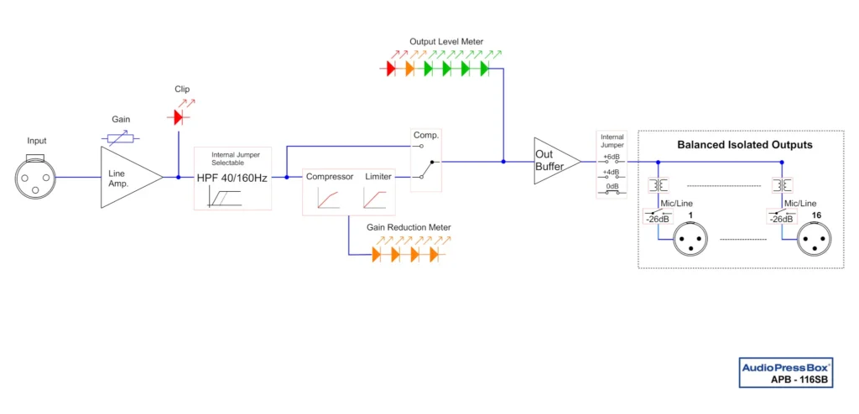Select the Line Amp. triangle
pyautogui.click(x=126, y=177)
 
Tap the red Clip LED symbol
pyautogui.click(x=178, y=116)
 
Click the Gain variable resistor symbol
pyautogui.click(x=121, y=138)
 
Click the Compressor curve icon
pyautogui.click(x=328, y=199)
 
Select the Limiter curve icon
pyautogui.click(x=376, y=199)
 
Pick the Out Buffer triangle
pyautogui.click(x=554, y=161)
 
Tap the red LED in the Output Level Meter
pyautogui.click(x=391, y=69)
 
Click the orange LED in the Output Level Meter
pyautogui.click(x=409, y=69)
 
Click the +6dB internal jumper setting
pyautogui.click(x=612, y=159)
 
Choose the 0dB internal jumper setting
pyautogui.click(x=612, y=190)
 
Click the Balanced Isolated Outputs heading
pyautogui.click(x=745, y=145)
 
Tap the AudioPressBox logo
pyautogui.click(x=785, y=367)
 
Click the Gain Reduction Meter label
pyautogui.click(x=409, y=227)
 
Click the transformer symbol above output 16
pyautogui.click(x=782, y=184)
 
